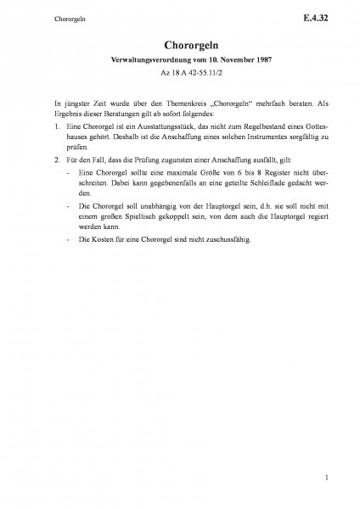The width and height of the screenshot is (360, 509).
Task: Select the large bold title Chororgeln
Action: (179, 45)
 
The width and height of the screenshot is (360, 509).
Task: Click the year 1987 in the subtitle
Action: (238, 62)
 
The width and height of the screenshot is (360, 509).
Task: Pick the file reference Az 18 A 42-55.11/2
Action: (179, 75)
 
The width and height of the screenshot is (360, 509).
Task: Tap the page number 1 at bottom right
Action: (314, 481)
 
